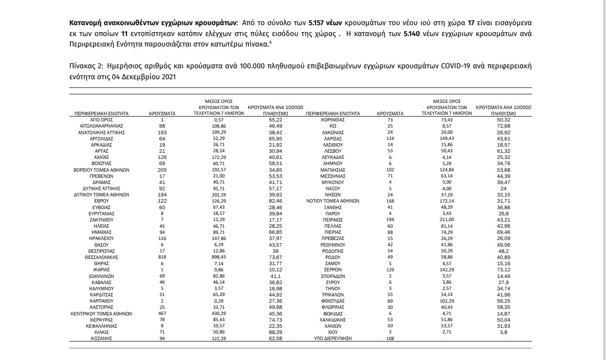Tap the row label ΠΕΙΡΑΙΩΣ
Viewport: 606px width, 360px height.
click(x=333, y=220)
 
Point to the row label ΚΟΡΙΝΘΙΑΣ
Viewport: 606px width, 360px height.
click(x=333, y=120)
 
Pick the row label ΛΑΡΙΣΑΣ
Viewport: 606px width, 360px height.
click(x=333, y=138)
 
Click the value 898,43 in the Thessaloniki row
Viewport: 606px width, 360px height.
click(x=219, y=257)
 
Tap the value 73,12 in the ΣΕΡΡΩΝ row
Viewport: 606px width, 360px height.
click(x=504, y=270)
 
